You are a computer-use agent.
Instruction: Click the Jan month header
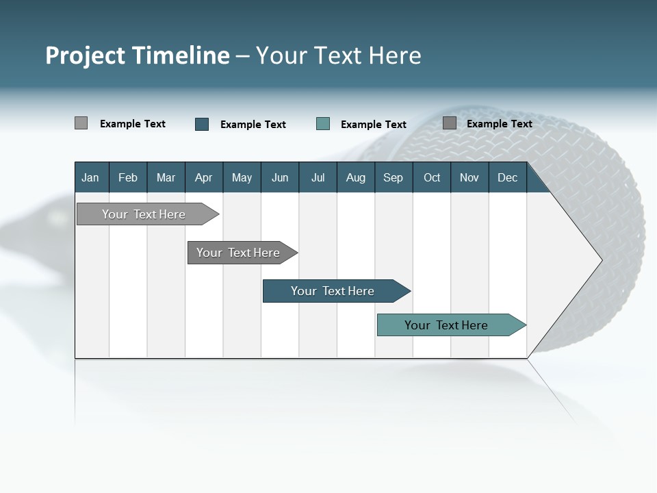[90, 177]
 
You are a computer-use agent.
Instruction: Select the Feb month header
[128, 177]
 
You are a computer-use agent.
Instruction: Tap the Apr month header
[203, 177]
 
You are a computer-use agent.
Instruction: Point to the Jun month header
[280, 177]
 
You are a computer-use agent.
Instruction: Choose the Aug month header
[355, 177]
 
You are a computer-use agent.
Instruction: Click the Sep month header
[393, 177]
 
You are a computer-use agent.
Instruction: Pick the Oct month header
[432, 177]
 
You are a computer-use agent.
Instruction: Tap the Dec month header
[507, 177]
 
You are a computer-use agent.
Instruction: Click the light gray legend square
[81, 123]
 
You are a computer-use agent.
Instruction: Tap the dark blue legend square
[202, 124]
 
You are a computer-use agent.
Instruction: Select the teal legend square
[323, 124]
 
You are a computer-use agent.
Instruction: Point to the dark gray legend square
[449, 123]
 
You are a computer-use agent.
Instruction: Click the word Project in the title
[86, 55]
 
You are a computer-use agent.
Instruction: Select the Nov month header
[469, 177]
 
